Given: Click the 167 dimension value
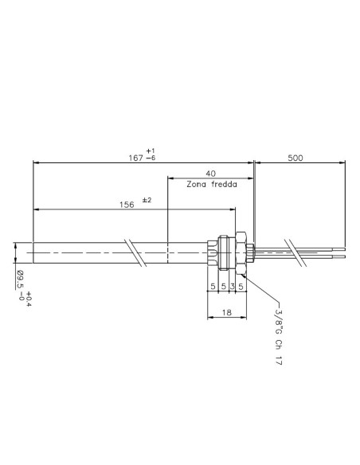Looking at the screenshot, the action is pos(136,158).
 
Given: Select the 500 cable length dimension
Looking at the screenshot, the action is pos(295,158).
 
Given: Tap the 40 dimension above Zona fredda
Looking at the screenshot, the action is pos(210,174).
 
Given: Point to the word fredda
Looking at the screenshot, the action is pos(225,184).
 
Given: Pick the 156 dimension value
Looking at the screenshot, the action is pos(127,205).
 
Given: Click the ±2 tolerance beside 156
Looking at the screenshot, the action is pos(147,200).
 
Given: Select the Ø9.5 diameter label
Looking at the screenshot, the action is pos(20,279).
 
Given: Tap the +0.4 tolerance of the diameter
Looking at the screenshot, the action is pos(29,299).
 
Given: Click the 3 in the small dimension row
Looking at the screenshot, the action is pos(233,286).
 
